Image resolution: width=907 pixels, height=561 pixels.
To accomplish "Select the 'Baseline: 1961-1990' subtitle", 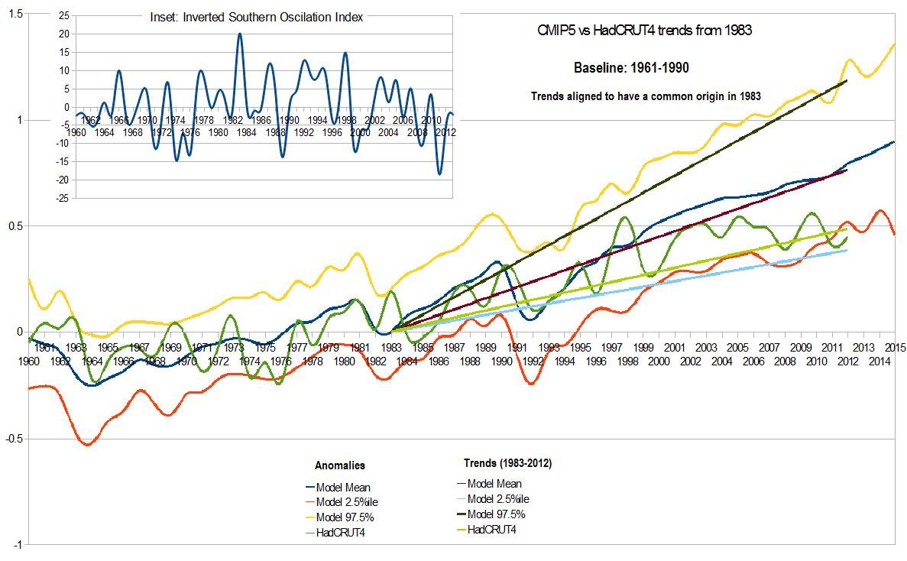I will pyautogui.click(x=632, y=68).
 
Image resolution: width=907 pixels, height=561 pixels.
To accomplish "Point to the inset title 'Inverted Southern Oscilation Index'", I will pyautogui.click(x=256, y=18).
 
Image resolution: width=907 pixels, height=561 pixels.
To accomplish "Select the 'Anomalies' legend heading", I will pyautogui.click(x=339, y=465).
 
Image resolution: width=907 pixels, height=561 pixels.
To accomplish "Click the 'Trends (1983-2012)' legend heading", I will pyautogui.click(x=508, y=463).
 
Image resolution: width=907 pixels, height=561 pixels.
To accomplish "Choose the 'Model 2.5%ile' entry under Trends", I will pyautogui.click(x=497, y=498).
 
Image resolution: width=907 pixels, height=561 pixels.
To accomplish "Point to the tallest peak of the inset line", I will pyautogui.click(x=240, y=34).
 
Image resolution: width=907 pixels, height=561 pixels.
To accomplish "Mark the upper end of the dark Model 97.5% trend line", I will pyautogui.click(x=847, y=80).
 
